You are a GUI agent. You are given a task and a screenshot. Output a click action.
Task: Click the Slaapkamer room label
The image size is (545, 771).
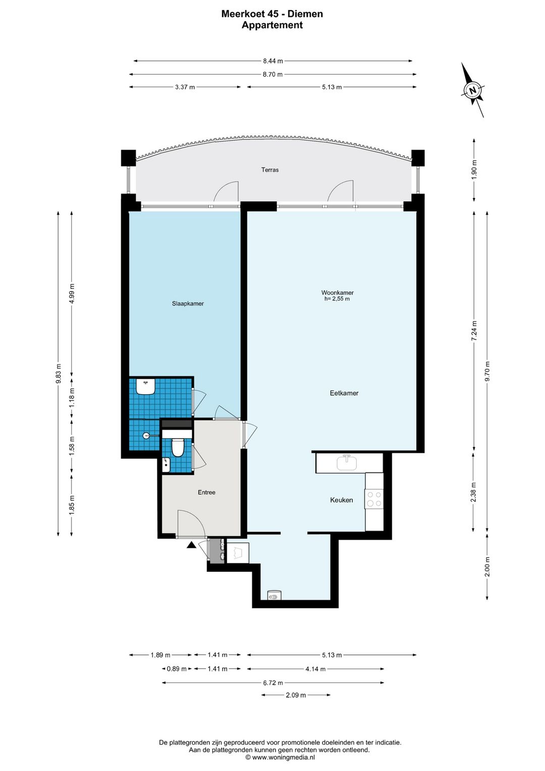tap(188, 304)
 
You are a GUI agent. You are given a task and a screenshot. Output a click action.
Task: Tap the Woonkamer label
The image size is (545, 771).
tap(337, 293)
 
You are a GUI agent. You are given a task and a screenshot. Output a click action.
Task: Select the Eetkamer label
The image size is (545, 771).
tap(344, 393)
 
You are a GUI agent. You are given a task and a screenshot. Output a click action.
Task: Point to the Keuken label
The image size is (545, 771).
tap(342, 500)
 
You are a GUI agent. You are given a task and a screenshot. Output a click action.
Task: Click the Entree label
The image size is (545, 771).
tap(206, 493)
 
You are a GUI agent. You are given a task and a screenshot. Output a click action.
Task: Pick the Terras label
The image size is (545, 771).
tap(270, 170)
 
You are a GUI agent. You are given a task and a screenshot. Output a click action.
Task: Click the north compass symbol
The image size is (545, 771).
tap(473, 90)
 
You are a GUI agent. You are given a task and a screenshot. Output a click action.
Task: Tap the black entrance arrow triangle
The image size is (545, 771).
tap(192, 545)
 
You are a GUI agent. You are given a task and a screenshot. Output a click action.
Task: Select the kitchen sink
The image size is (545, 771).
tap(347, 462)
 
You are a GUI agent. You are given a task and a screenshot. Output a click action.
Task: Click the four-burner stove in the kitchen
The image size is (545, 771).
tap(374, 499)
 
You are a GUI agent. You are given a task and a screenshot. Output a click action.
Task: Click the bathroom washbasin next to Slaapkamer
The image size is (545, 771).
tap(146, 387)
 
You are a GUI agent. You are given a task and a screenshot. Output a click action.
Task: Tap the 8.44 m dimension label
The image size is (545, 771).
tap(272, 61)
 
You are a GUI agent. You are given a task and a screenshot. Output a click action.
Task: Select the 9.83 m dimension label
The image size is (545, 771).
tap(59, 373)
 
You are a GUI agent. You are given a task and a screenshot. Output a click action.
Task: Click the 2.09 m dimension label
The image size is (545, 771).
tap(296, 695)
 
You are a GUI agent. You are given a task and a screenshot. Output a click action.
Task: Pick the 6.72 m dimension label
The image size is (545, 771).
tap(273, 683)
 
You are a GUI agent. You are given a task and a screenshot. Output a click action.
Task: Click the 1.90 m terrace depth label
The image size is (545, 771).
tap(474, 170)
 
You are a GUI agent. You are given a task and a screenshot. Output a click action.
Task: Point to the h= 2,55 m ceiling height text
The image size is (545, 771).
tap(337, 299)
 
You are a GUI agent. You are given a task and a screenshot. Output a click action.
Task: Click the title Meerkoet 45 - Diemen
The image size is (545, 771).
tap(272, 14)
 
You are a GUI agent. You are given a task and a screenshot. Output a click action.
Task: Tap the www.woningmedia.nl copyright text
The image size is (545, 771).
tap(280, 757)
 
